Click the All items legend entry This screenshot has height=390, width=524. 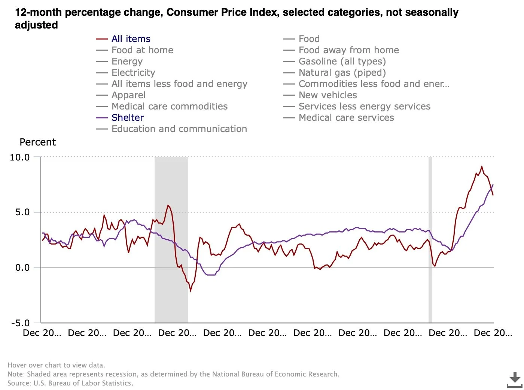click(x=131, y=39)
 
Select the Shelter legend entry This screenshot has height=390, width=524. click(x=127, y=118)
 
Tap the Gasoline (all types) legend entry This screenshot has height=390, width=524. click(x=342, y=61)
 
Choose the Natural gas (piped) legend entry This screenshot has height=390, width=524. click(x=342, y=73)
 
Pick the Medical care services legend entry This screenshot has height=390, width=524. click(x=346, y=118)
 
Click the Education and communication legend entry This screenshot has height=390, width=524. click(x=179, y=129)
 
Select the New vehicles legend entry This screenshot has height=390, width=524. click(x=327, y=95)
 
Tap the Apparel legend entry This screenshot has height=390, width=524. click(x=128, y=95)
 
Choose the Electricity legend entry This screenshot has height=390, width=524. click(x=133, y=73)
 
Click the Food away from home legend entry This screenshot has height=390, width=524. click(x=348, y=50)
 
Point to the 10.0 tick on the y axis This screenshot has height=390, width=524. click(x=20, y=157)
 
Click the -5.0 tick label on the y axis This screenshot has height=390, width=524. click(x=21, y=323)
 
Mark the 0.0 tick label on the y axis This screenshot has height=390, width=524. click(x=22, y=268)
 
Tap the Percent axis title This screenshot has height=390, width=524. click(x=37, y=142)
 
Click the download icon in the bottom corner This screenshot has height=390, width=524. click(x=514, y=379)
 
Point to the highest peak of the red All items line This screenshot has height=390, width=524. click(x=482, y=166)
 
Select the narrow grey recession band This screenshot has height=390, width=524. click(x=430, y=240)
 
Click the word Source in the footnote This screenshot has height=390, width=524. click(x=19, y=383)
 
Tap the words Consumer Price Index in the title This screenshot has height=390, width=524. click(x=223, y=12)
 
